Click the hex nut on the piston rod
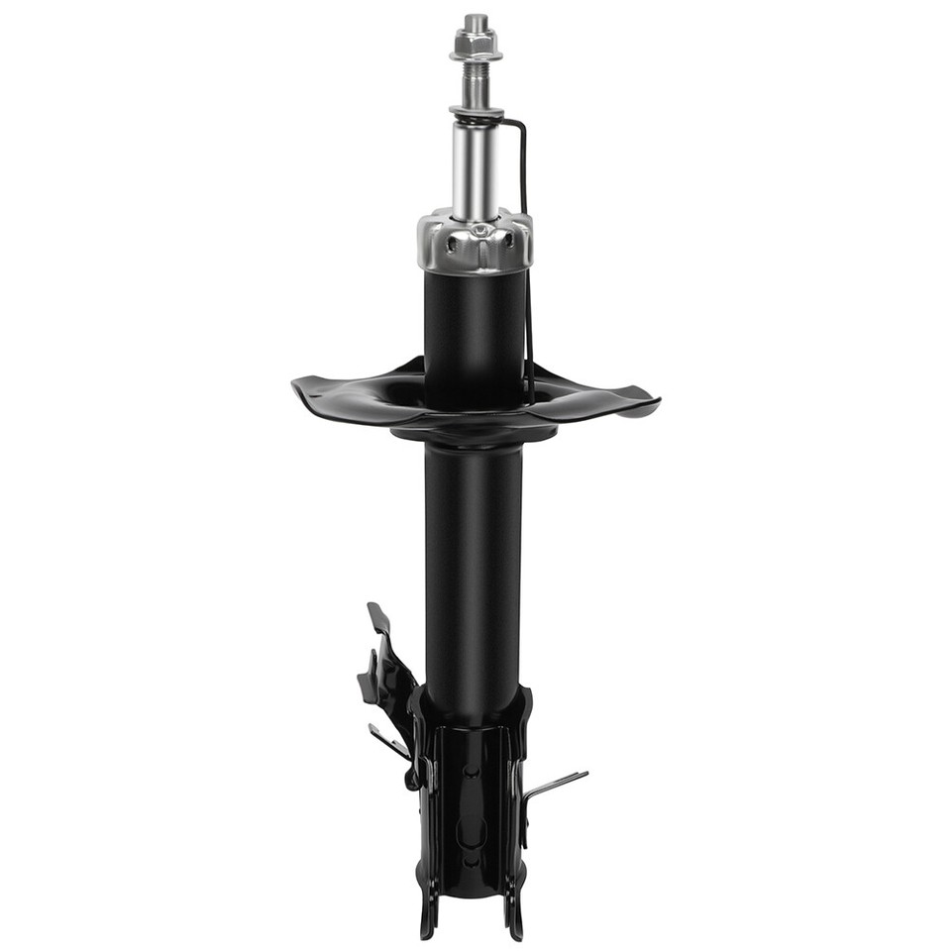475,45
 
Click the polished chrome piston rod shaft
475,168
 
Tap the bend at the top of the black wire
519,124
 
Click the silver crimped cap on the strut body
475,243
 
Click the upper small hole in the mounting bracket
475,768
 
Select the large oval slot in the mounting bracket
475,832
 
